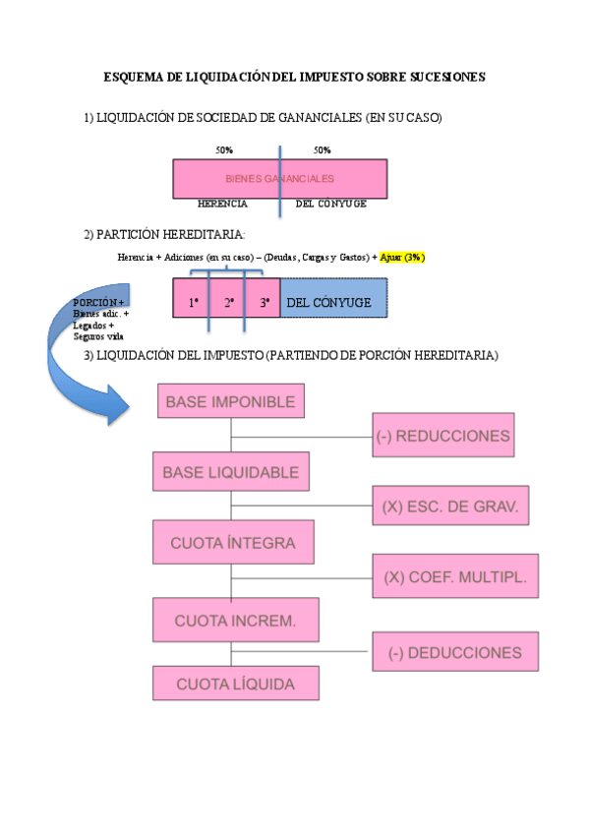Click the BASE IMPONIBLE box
[x=229, y=402]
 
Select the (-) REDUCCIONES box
[x=442, y=436]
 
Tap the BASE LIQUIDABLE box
[x=230, y=471]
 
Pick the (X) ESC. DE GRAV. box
[x=449, y=509]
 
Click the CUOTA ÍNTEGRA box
[x=232, y=543]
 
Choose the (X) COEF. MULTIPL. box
[x=454, y=577]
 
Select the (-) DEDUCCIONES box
[x=454, y=652]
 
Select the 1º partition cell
[x=193, y=302]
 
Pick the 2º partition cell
[x=228, y=302]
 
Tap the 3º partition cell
[x=265, y=302]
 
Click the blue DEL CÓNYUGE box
[x=333, y=301]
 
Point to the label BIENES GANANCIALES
[x=279, y=178]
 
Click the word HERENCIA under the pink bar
[x=222, y=203]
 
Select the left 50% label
[x=223, y=150]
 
